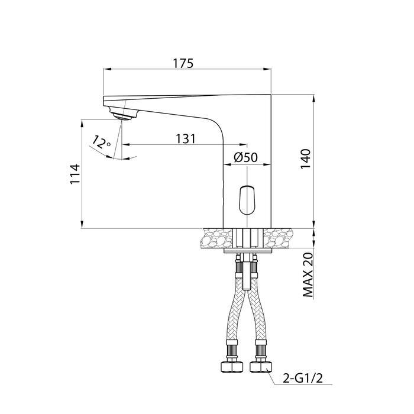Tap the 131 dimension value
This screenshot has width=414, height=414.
[186, 139]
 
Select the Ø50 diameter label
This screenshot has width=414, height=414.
[245, 157]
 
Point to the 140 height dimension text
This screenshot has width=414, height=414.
[306, 160]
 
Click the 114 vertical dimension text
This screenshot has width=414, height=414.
[75, 174]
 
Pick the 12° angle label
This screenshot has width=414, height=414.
[101, 143]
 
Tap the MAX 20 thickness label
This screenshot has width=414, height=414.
[308, 275]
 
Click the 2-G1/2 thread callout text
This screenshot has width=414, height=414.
[303, 379]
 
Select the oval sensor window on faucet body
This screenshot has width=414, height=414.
[247, 200]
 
